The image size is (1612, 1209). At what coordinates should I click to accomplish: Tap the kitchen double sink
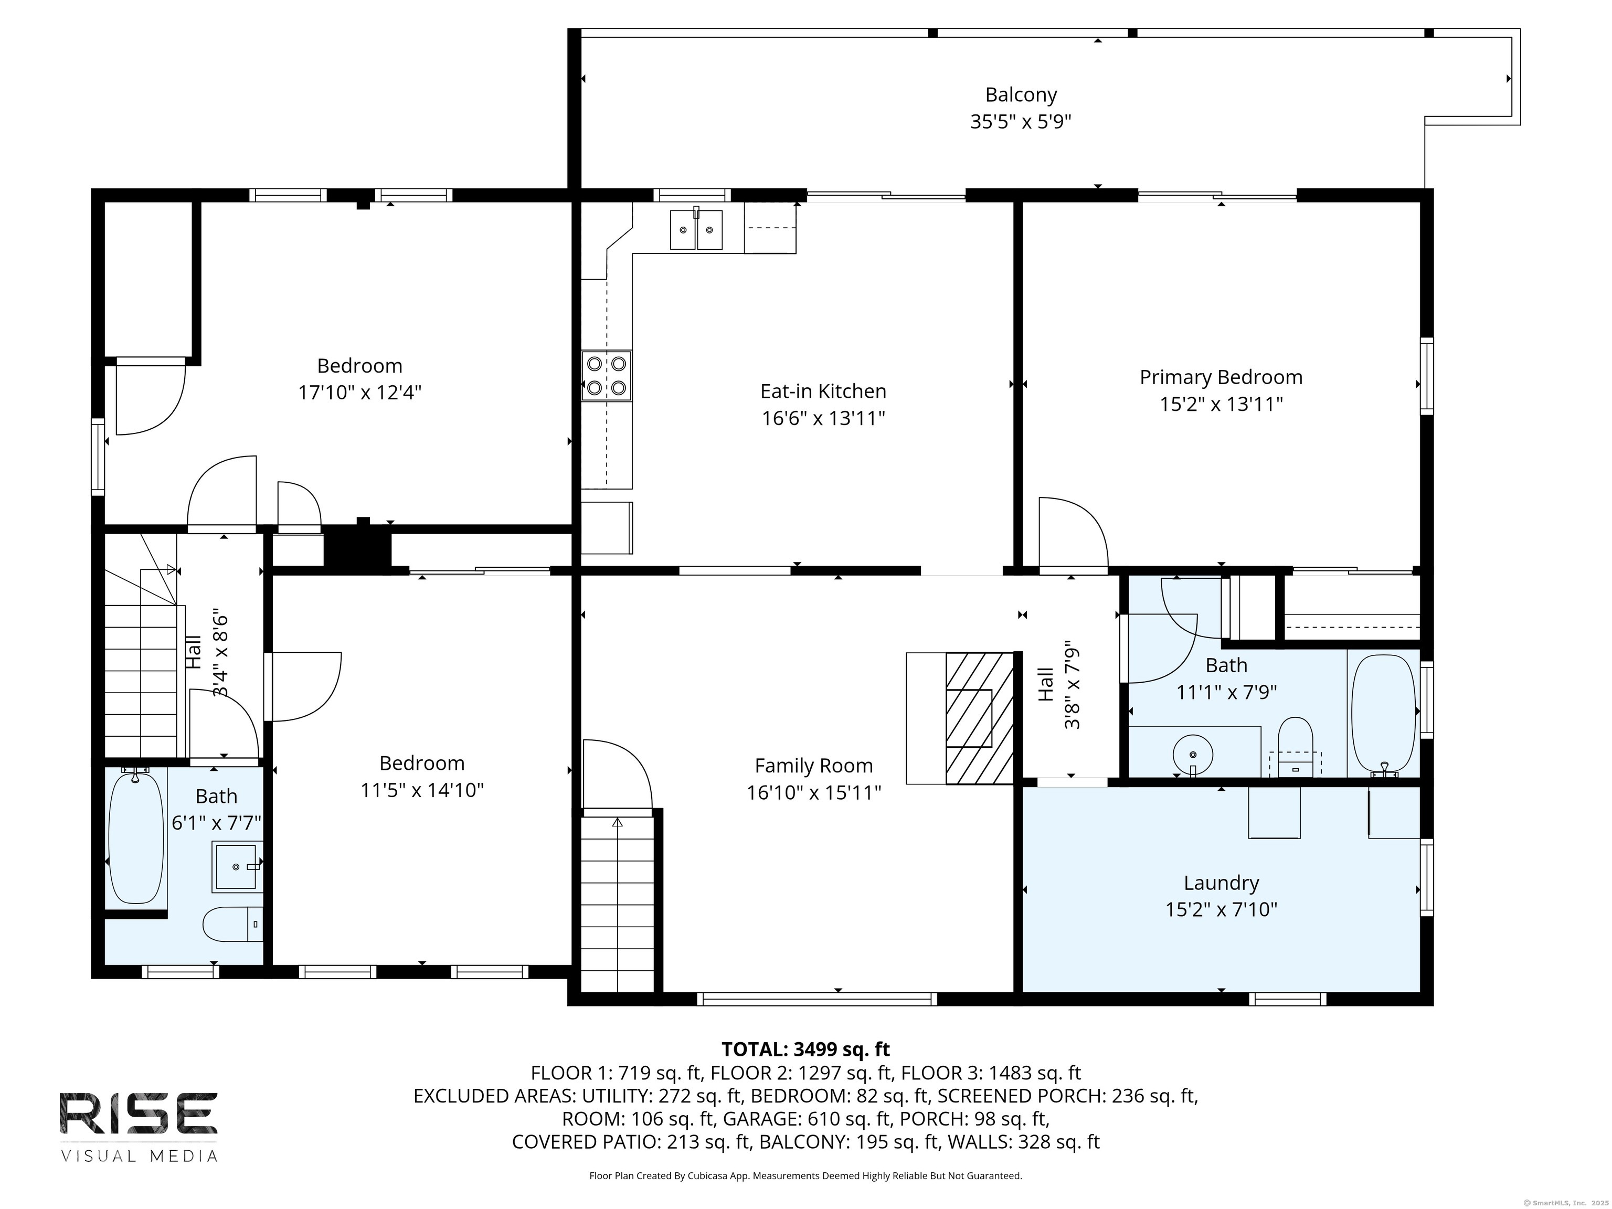pos(696,229)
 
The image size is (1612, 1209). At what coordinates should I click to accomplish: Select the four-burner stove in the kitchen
pos(606,376)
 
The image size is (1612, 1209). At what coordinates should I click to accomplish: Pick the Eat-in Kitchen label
pos(823,391)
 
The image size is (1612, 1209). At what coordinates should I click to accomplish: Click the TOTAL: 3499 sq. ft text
pos(805,1049)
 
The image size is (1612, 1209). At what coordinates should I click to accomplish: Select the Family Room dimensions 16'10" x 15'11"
pos(813,792)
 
